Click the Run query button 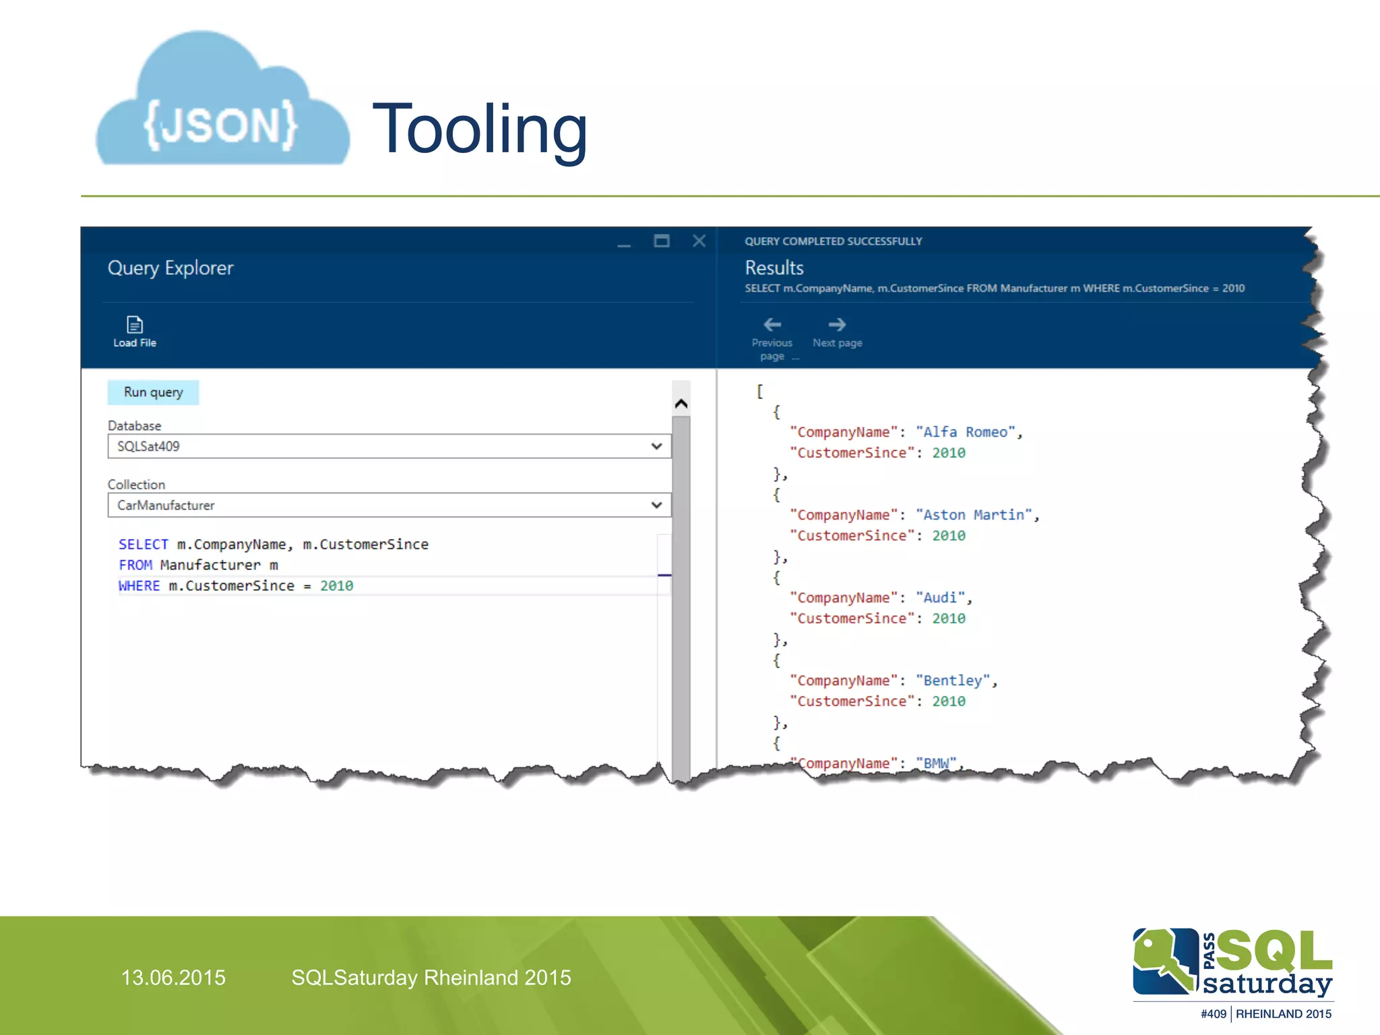pyautogui.click(x=153, y=392)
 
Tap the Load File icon pyautogui.click(x=135, y=325)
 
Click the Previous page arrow pyautogui.click(x=772, y=325)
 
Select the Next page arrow pyautogui.click(x=837, y=325)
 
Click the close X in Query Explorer pyautogui.click(x=699, y=241)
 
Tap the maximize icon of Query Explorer pyautogui.click(x=662, y=241)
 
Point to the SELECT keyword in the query pyautogui.click(x=143, y=544)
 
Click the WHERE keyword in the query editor pyautogui.click(x=139, y=586)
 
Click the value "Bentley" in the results pyautogui.click(x=952, y=681)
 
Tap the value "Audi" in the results pyautogui.click(x=940, y=598)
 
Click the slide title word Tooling pyautogui.click(x=480, y=129)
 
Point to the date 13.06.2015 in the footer pyautogui.click(x=173, y=978)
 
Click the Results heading pyautogui.click(x=774, y=268)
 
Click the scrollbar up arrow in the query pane pyautogui.click(x=681, y=404)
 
